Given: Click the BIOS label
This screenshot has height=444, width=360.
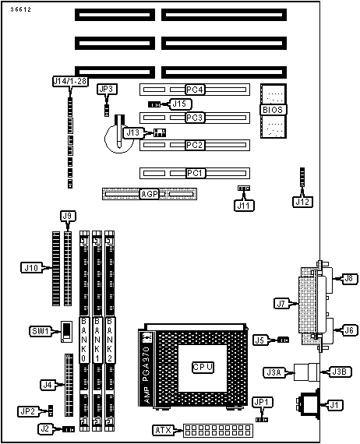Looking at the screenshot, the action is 273,110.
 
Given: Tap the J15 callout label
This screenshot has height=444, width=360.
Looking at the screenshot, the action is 180,104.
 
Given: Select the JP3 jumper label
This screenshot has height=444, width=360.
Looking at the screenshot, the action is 107,90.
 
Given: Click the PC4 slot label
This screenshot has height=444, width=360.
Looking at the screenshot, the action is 195,90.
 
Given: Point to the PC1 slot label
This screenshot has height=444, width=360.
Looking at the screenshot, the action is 196,173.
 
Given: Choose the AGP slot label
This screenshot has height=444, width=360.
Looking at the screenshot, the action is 150,194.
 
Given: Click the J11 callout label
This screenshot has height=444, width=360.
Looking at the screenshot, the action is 244,206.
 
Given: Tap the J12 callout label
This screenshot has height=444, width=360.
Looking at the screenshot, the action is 303,202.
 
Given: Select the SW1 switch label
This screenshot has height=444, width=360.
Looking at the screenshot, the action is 41,331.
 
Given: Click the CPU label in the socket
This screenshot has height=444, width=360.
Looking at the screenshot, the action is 203,367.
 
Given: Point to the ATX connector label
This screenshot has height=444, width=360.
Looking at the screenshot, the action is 164,431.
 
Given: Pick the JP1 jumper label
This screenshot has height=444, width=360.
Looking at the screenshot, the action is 262,403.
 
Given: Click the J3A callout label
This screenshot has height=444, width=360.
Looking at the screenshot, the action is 274,372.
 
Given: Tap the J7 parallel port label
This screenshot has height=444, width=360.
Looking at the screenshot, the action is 281,304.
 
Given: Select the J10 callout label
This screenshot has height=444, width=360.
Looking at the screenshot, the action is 31,268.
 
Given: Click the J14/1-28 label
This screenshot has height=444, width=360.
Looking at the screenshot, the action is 70,81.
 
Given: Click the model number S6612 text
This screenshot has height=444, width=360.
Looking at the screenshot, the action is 21,9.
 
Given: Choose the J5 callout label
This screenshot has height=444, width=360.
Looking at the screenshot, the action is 260,340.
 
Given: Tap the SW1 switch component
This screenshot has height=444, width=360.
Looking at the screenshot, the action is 66,332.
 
